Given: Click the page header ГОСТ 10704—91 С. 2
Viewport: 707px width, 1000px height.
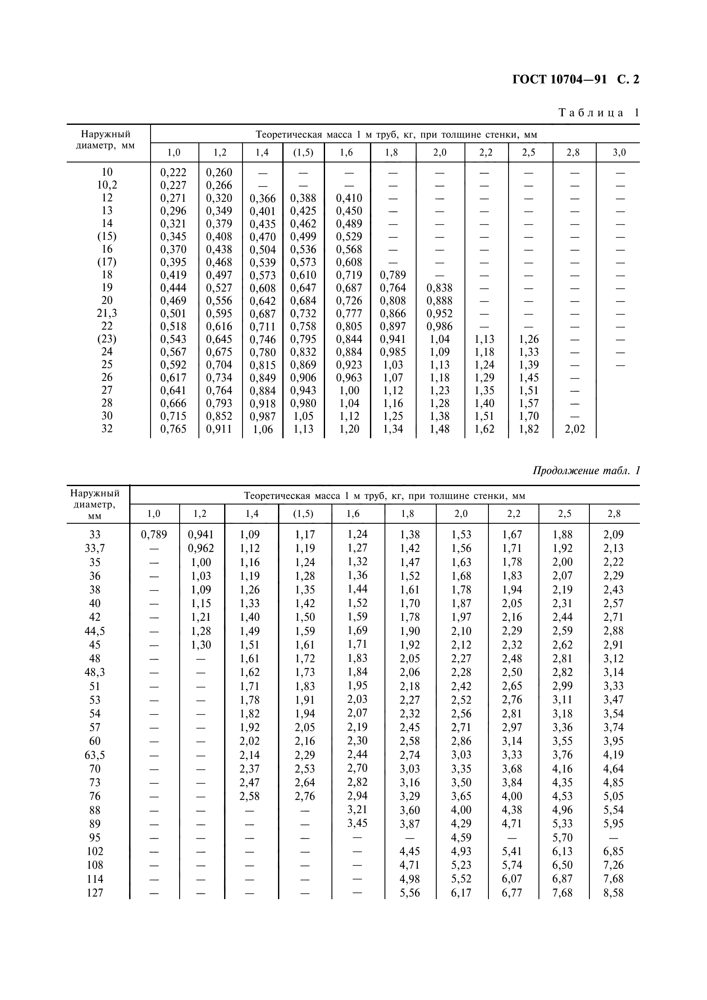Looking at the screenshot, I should tap(575, 80).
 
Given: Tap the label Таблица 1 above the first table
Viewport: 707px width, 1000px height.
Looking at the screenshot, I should tap(598, 113).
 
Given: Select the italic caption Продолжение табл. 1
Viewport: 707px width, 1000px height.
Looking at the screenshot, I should tap(586, 471).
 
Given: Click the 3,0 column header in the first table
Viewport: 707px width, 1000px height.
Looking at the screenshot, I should tap(619, 153).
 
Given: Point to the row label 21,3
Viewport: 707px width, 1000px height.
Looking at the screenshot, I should tap(107, 313).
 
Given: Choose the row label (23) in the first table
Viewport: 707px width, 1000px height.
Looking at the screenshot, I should tap(107, 339).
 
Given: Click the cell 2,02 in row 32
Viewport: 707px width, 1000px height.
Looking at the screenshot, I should tap(574, 429).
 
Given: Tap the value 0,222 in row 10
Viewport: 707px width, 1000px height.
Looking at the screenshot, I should tap(173, 172).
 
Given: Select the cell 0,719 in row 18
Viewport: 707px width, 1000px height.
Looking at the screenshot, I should tap(349, 275).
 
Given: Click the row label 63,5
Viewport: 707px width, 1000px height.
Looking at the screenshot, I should tap(95, 755).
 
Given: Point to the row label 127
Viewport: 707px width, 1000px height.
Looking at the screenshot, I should tap(95, 893).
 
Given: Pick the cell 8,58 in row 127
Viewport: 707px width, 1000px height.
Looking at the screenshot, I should tap(613, 893).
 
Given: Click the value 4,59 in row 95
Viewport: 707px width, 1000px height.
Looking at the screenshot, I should tap(461, 838).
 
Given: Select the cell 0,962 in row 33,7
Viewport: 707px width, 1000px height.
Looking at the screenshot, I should tap(201, 549).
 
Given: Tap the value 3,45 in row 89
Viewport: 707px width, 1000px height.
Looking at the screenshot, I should tap(357, 823).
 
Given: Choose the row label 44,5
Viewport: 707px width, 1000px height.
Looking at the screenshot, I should tap(95, 631).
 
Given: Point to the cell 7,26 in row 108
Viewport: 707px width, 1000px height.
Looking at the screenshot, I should tap(613, 865).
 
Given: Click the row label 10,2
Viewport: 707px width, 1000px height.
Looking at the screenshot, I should tap(107, 185).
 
